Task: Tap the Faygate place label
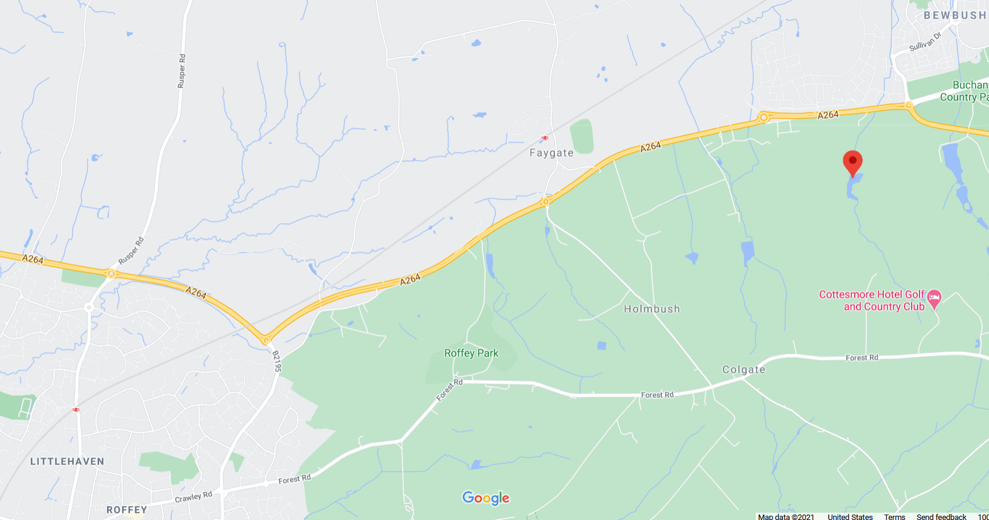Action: point(551,153)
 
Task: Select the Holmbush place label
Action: point(652,309)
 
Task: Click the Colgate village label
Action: point(744,369)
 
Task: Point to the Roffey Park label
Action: point(471,353)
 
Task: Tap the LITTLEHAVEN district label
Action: point(67,461)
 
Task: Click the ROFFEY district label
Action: point(127,510)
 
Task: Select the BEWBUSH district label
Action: point(955,15)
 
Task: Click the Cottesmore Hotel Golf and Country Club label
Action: point(872,301)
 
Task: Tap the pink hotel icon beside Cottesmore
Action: point(935,298)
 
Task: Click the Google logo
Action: point(486,498)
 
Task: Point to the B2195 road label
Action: point(276,361)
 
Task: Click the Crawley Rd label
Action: point(193,497)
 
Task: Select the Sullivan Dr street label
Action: point(926,42)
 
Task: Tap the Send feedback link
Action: point(941,516)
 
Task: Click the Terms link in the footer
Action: point(894,516)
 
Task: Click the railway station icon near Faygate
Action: point(545,138)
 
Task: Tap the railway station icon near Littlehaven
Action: point(76,409)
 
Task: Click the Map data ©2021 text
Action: point(786,516)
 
